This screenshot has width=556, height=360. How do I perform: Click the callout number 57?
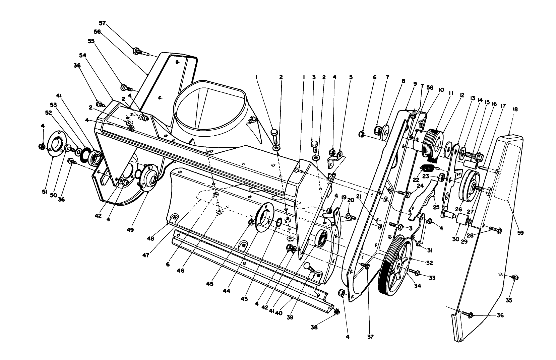(102, 23)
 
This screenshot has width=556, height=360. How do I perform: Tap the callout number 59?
(520, 233)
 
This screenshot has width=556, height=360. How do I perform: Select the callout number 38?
(314, 327)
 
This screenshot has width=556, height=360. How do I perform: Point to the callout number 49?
(130, 230)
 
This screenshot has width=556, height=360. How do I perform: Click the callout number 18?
(515, 109)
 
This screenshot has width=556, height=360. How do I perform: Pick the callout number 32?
(430, 263)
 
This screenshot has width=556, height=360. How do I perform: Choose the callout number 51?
(45, 192)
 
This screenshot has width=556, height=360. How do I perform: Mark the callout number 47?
(146, 255)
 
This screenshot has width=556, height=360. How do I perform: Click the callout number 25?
(436, 207)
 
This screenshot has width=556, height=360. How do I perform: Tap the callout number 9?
(415, 84)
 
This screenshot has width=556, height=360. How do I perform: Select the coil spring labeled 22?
(427, 168)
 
